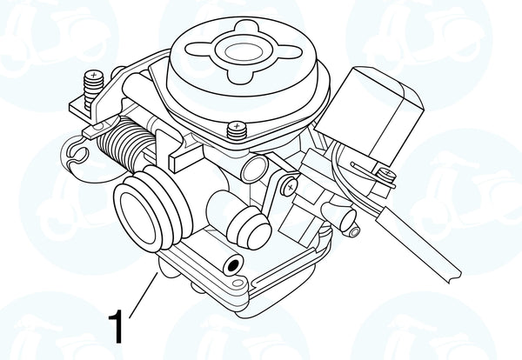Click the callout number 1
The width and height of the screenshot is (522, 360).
tap(116, 326)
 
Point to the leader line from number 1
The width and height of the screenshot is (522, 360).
tap(144, 295)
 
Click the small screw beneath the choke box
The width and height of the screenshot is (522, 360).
tap(387, 173)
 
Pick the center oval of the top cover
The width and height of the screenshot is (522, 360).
tap(244, 52)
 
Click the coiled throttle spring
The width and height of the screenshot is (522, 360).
tap(125, 143)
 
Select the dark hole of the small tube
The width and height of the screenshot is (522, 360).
tap(233, 265)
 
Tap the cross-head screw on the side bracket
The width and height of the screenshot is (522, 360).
tap(291, 187)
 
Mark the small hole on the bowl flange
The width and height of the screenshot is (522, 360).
tap(238, 283)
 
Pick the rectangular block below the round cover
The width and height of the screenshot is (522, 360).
tap(185, 157)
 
